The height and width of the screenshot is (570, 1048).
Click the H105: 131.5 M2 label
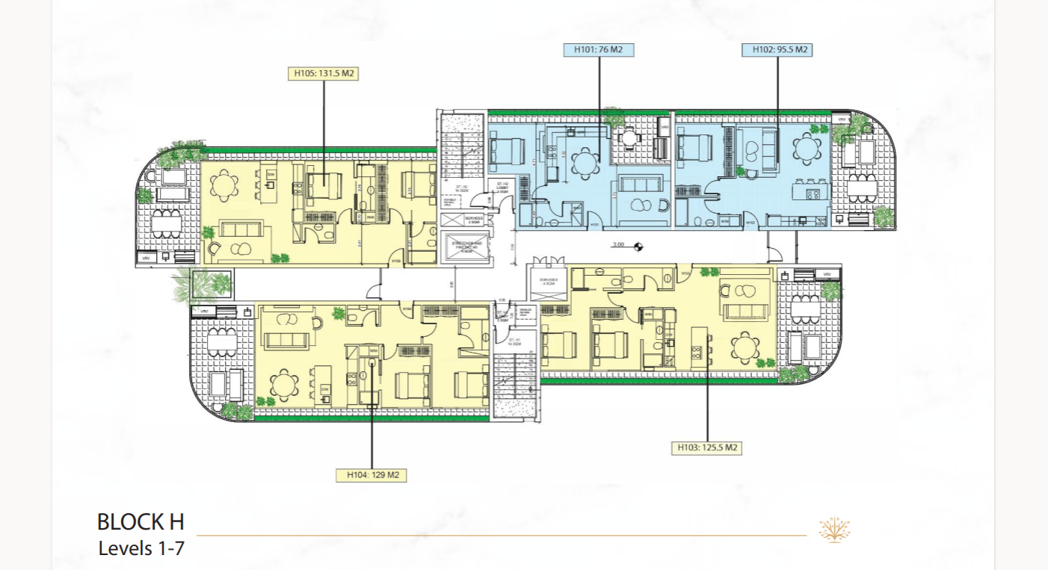click(x=323, y=74)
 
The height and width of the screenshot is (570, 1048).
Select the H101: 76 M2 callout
click(x=599, y=50)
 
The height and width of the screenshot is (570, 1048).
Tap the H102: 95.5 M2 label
click(x=777, y=50)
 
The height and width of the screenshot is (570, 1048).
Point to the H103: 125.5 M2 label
click(x=706, y=447)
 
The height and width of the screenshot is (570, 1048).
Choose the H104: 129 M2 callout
click(x=372, y=474)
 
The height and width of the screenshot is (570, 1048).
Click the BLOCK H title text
click(x=141, y=521)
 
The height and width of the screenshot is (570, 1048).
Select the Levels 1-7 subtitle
click(x=141, y=548)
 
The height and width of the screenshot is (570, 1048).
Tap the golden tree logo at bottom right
click(x=835, y=530)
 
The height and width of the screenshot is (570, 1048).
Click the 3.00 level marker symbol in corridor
click(x=638, y=245)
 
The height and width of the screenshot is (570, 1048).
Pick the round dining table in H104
click(x=284, y=385)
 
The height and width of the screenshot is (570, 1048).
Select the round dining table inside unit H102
click(x=806, y=149)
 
